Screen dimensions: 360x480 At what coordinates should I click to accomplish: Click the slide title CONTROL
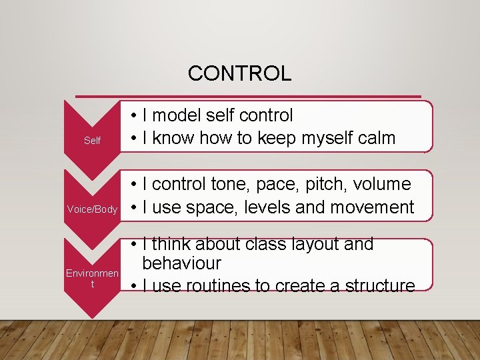point(239,73)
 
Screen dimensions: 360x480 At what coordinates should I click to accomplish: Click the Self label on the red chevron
point(92,140)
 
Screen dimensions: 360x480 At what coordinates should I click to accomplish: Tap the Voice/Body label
point(92,209)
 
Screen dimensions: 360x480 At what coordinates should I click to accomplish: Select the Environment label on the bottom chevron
point(92,279)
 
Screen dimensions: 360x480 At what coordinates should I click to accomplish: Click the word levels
point(267,208)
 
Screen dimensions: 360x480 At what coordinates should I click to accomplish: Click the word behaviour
point(181,263)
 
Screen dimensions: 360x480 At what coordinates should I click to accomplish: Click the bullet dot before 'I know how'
point(134,139)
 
